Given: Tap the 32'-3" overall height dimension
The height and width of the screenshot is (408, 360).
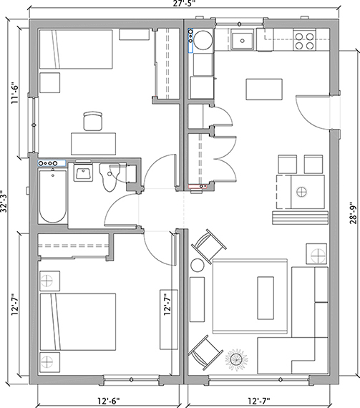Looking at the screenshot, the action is [x=4, y=201].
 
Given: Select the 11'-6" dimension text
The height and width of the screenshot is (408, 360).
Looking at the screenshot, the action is [x=15, y=94].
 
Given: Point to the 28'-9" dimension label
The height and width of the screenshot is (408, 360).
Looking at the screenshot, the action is [x=353, y=213].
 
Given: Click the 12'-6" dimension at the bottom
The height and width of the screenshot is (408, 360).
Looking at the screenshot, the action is [x=109, y=400].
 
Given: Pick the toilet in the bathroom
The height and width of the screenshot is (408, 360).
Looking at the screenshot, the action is [x=110, y=177].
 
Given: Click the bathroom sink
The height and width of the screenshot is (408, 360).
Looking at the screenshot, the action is [x=83, y=172].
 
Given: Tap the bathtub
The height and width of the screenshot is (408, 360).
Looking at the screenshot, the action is [x=53, y=196].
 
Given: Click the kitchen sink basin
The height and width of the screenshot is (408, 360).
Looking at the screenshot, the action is [x=243, y=41].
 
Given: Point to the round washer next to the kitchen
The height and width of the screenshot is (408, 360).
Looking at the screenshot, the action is [x=204, y=40].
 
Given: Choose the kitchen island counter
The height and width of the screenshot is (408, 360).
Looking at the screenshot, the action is [x=264, y=89].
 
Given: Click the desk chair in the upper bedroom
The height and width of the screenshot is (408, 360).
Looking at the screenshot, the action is [x=92, y=121].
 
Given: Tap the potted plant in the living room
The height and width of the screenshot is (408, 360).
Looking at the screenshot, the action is [x=236, y=359].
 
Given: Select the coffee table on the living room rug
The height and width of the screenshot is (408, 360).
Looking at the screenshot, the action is [x=266, y=298].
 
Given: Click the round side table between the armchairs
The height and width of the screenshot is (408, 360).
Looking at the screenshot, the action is [x=198, y=266].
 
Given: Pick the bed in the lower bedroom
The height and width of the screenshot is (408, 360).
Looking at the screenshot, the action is [x=78, y=322].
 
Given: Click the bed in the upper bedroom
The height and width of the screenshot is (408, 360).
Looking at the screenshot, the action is [x=76, y=49].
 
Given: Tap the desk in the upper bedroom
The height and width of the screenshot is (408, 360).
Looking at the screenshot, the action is [x=94, y=144].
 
